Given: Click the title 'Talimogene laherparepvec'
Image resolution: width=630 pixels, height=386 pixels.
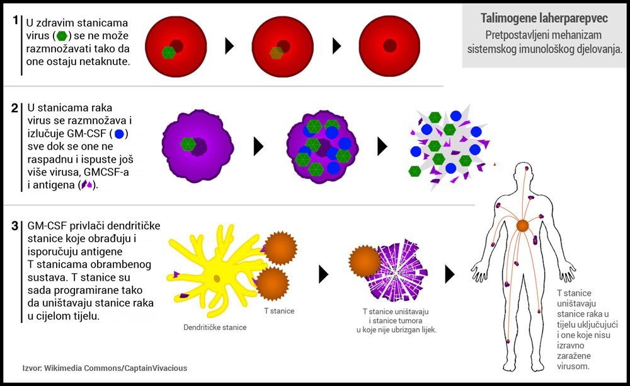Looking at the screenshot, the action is point(544,18).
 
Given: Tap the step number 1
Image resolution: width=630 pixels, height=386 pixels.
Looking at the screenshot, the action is point(16,20).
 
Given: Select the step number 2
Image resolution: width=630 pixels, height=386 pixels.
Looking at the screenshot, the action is point(15,108).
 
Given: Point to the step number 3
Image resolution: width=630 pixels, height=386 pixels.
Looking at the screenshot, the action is point(15,226).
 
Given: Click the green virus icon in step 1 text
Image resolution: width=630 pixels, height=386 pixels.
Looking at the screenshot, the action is point(62,36).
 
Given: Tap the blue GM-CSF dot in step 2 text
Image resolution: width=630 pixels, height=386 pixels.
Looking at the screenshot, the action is point(119,134).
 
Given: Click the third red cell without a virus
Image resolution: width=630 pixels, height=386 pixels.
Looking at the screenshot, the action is point(389,46).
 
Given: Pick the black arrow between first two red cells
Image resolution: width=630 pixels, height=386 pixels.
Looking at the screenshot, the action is point(229,46).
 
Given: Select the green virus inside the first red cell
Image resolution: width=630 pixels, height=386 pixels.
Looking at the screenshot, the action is point(168,52).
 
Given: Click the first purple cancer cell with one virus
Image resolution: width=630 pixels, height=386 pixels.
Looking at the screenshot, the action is point(198,146).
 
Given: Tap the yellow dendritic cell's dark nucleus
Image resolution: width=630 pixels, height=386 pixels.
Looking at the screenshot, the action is point(217,279).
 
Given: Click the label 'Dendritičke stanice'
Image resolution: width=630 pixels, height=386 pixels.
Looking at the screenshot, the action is point(215,327).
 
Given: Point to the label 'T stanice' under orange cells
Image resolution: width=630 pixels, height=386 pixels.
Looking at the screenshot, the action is point(279,311).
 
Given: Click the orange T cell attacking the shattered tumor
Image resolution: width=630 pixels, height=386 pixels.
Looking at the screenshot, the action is point(364,261).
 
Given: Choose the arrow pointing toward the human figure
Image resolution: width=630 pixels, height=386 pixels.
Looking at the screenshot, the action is point(450,274).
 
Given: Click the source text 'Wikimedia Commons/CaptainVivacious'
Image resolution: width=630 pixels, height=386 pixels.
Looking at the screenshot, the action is point(115,368).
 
